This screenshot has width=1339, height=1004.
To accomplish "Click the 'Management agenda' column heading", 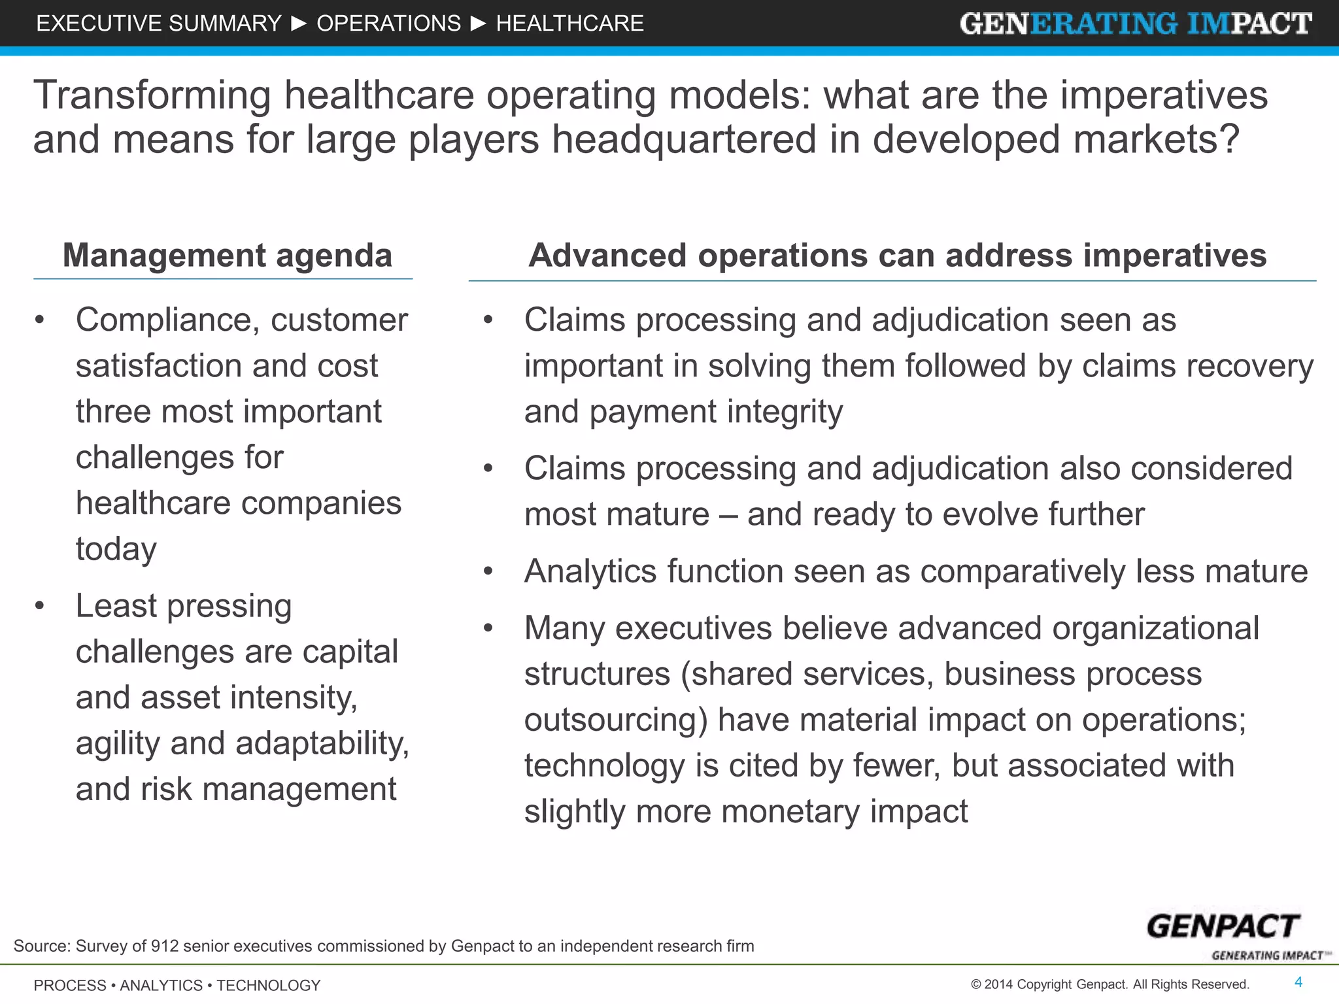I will click(x=227, y=256).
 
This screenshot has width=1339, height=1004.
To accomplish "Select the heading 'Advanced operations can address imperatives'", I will click(x=897, y=256).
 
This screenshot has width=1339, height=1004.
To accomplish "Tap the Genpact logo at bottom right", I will click(x=1223, y=928).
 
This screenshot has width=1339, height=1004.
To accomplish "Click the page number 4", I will click(x=1298, y=982).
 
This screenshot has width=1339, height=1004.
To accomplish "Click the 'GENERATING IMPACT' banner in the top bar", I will click(x=1136, y=24).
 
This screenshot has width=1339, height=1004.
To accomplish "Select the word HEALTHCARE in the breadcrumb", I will click(x=569, y=24).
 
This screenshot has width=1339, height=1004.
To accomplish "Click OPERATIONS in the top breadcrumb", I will click(x=389, y=24).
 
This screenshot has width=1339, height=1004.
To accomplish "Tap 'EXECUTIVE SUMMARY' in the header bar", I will click(x=159, y=24).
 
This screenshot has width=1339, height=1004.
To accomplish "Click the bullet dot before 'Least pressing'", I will click(x=40, y=606).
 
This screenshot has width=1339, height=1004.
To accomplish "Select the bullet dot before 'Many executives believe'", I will click(x=488, y=628).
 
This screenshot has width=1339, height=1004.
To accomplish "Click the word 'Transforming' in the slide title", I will click(x=152, y=95).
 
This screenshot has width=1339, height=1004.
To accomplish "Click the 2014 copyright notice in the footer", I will click(x=1110, y=984).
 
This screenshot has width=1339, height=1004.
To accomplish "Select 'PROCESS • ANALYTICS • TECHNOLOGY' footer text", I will click(x=177, y=985).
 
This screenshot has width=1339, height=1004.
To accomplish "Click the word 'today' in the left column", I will click(x=116, y=549).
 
